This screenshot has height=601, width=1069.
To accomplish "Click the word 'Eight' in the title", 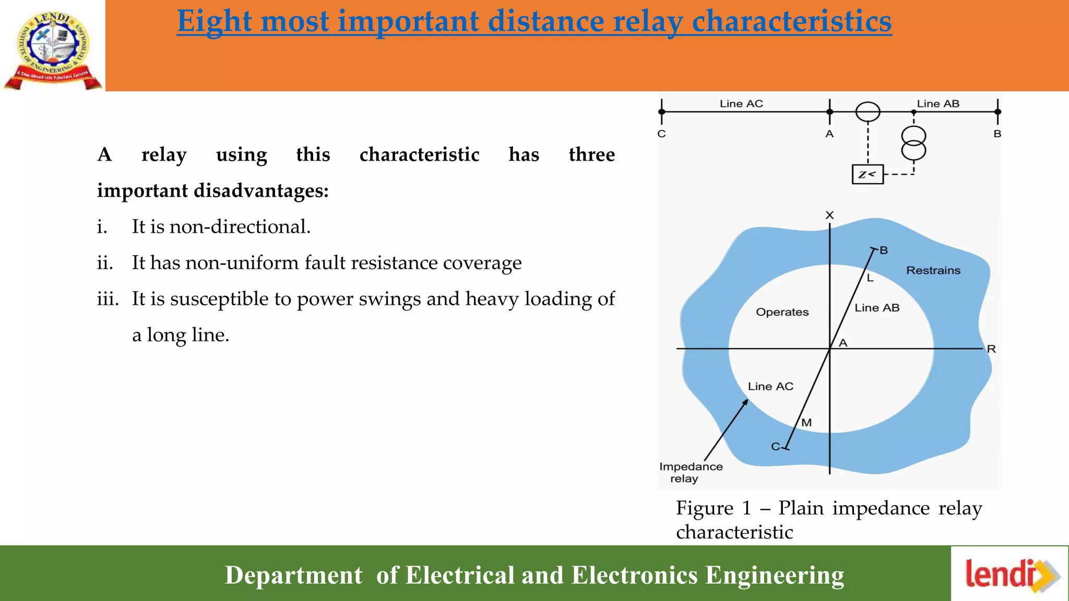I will [214, 22].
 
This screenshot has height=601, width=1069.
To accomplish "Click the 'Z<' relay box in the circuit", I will [868, 174].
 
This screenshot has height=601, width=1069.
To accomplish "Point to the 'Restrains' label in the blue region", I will [933, 270].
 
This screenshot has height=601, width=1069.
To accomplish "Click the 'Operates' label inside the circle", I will [782, 312].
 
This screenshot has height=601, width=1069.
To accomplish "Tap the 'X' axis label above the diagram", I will [829, 215].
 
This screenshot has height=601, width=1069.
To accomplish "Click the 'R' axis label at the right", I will [991, 349].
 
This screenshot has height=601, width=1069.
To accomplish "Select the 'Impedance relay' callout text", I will [690, 472].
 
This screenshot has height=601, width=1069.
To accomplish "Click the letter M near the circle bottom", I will [806, 423].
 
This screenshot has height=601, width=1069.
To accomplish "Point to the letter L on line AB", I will [870, 279].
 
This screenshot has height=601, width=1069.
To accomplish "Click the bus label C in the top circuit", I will [661, 134].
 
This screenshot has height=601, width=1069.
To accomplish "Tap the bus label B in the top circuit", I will [997, 134].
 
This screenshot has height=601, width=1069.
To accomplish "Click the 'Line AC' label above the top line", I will [741, 104].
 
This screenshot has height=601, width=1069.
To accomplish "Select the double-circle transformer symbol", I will [913, 143].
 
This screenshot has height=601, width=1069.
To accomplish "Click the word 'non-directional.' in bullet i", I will [240, 227].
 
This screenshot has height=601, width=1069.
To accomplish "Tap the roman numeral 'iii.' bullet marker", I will [108, 299].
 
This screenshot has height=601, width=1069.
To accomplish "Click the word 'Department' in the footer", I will [293, 575].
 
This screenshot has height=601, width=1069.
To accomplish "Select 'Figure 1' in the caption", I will [713, 508].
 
